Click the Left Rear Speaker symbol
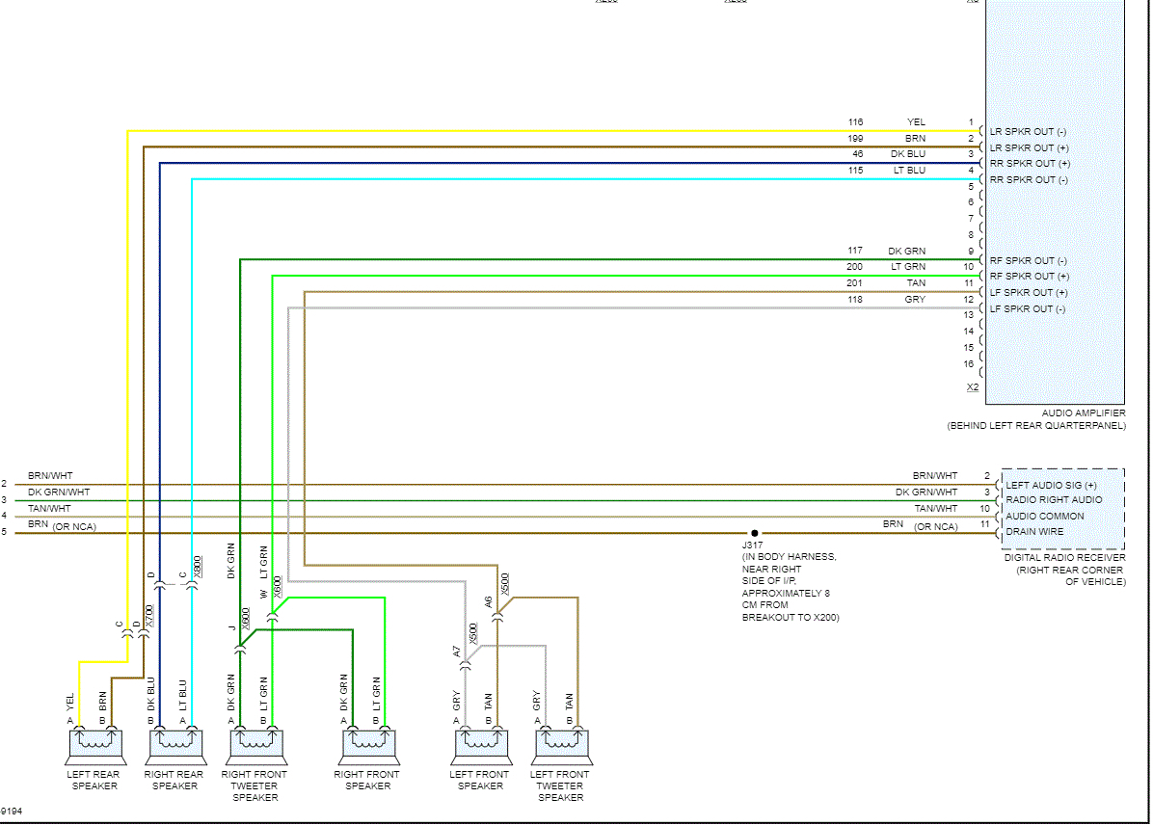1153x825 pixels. [94, 745]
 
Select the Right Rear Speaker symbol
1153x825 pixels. [175, 745]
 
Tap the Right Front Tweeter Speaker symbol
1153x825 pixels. [255, 745]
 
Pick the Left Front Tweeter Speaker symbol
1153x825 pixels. [560, 745]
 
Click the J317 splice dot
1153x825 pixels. [755, 532]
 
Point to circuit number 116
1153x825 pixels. [855, 122]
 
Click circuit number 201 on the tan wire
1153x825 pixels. [855, 283]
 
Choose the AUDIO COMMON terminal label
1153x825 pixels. [1044, 516]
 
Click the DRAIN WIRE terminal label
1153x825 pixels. [1034, 531]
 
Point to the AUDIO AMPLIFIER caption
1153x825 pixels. [1083, 413]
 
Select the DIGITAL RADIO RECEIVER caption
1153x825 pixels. [1064, 557]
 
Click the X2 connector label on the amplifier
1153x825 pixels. [973, 387]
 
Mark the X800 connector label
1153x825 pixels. [197, 566]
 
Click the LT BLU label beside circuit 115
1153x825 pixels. [908, 171]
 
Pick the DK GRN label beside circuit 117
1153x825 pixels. [906, 252]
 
